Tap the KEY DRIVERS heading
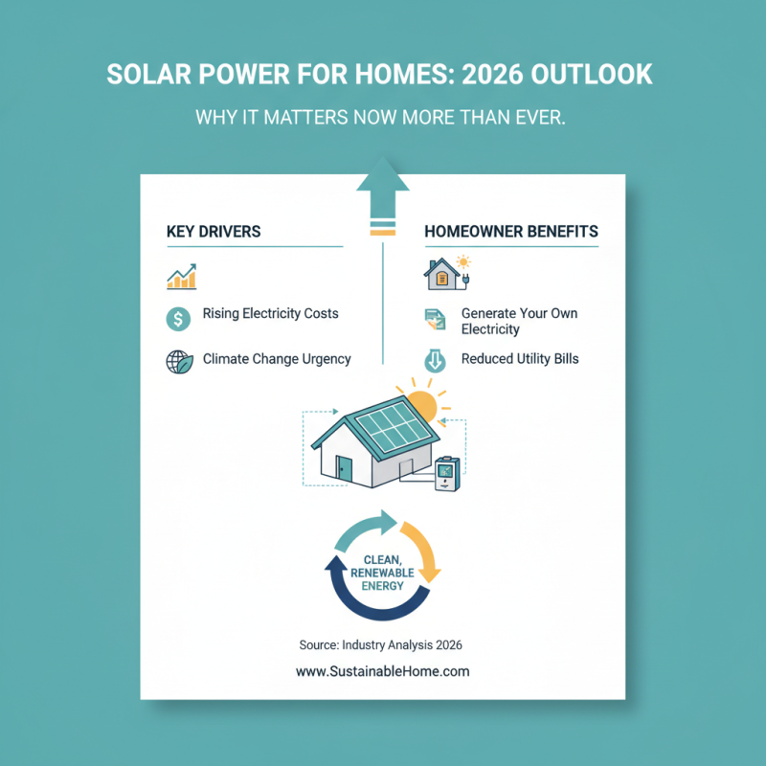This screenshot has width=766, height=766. point(214,232)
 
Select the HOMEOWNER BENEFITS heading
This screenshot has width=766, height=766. point(511,232)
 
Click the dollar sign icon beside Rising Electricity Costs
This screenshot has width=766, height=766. point(178,318)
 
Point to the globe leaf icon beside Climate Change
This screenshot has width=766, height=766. point(179,362)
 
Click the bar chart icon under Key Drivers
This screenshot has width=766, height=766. point(181,276)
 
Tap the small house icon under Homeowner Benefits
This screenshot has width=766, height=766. point(441,274)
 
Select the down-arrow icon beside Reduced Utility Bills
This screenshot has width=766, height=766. point(434,361)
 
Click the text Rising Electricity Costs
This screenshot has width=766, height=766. point(270,314)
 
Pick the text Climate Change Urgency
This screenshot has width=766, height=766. point(277,359)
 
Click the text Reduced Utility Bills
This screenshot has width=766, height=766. point(520,359)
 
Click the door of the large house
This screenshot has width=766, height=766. point(344,470)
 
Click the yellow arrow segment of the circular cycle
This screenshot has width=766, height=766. point(422,551)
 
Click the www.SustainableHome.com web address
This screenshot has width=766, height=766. point(383,671)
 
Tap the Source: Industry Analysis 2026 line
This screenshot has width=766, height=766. point(383,644)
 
